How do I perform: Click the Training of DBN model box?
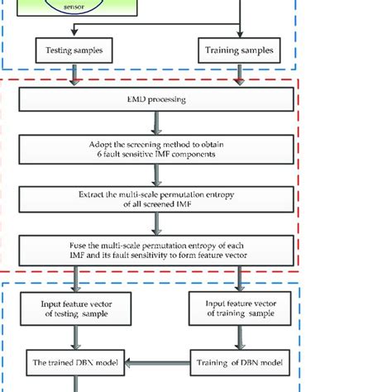click(239, 361)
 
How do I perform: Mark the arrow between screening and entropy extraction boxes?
click(156, 175)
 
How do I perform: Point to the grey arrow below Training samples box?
click(239, 77)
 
